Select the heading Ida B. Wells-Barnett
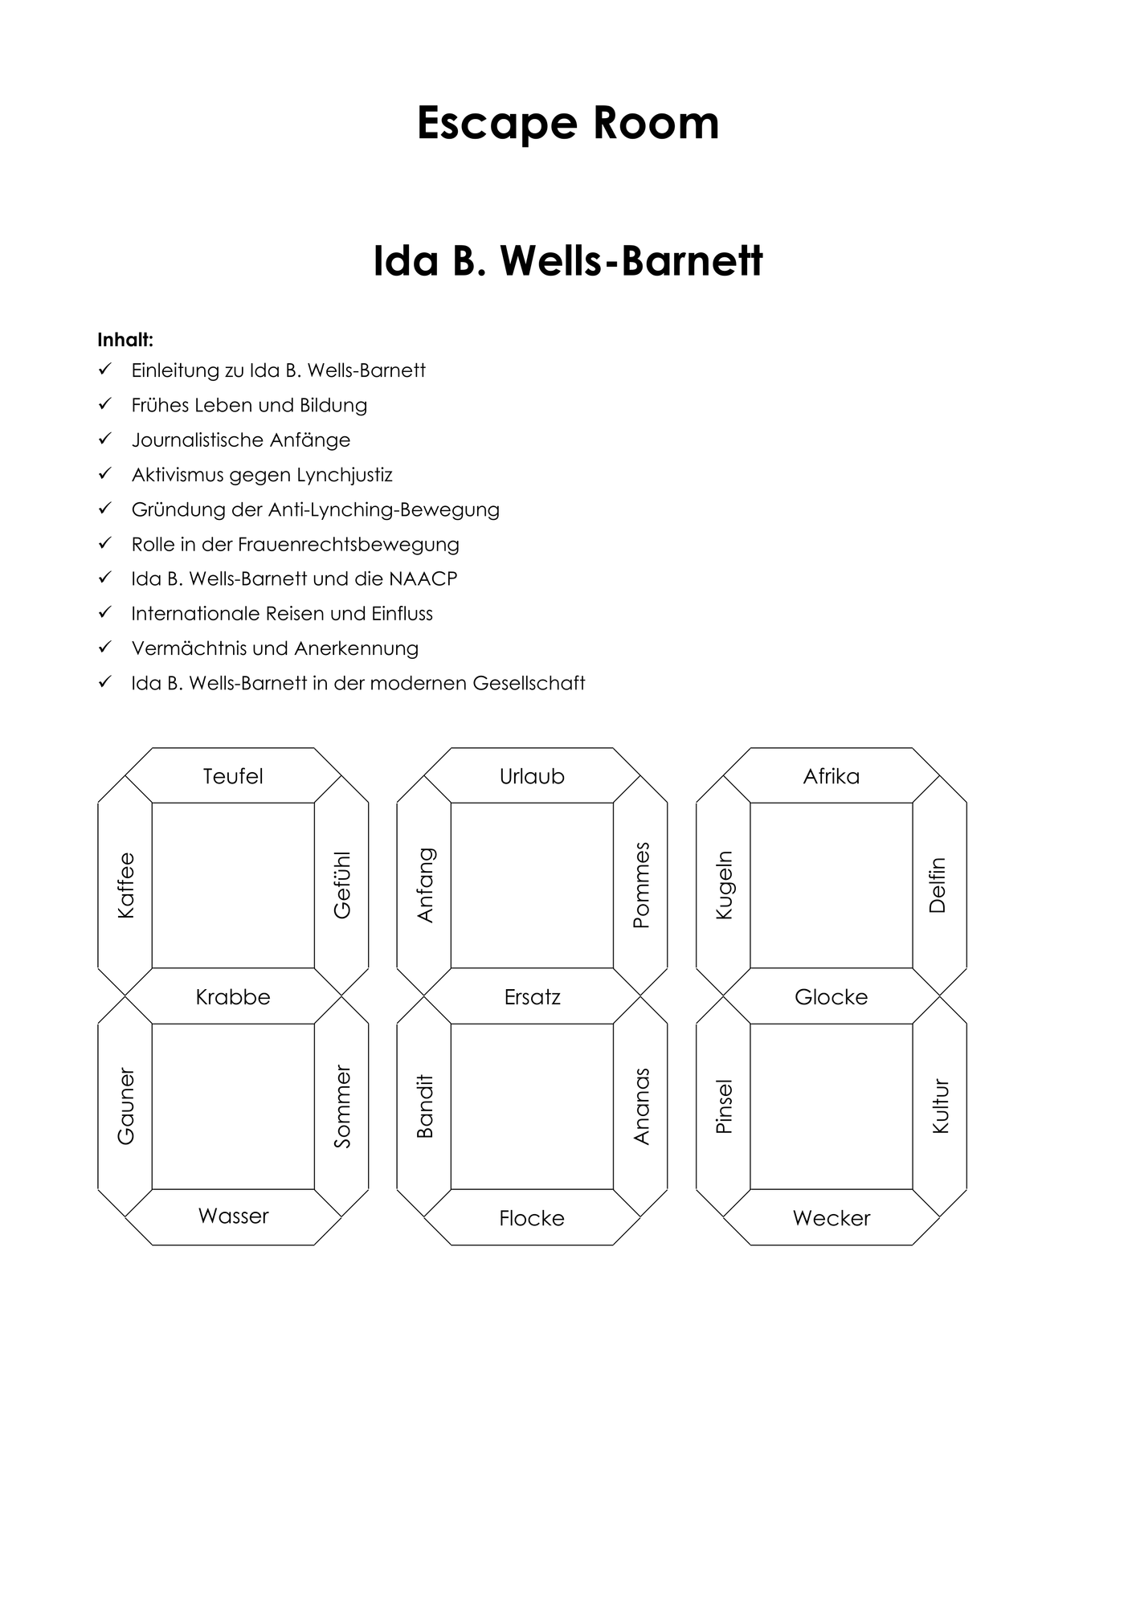[568, 261]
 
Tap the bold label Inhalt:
[125, 340]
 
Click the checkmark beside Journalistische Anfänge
[104, 440]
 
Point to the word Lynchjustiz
[345, 475]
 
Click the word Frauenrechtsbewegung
[349, 545]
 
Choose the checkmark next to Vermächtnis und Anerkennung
[104, 648]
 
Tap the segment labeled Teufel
[233, 775]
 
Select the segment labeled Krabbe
[233, 996]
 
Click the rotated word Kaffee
[126, 885]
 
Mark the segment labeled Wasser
[233, 1216]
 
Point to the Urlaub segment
[532, 775]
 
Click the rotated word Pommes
[641, 885]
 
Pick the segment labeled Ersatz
[532, 996]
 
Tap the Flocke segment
[532, 1216]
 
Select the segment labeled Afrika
[832, 775]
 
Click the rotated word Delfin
[938, 885]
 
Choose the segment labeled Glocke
[832, 996]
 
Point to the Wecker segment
[832, 1216]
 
